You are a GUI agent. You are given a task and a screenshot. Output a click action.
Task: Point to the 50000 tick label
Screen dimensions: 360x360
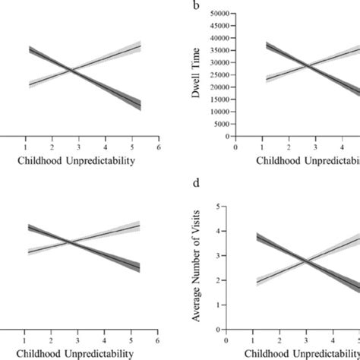tap(221, 14)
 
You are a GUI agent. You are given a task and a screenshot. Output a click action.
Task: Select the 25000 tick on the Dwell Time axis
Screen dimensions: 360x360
tap(221, 75)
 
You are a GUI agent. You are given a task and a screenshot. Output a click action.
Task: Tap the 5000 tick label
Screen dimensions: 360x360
tap(223, 125)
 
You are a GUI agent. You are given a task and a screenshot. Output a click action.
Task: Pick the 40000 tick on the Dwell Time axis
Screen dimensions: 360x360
tap(221, 38)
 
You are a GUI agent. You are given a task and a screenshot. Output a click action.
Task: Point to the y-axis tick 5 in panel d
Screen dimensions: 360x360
tap(220, 206)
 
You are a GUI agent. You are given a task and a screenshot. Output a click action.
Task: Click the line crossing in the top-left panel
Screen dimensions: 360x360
tap(71, 71)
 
